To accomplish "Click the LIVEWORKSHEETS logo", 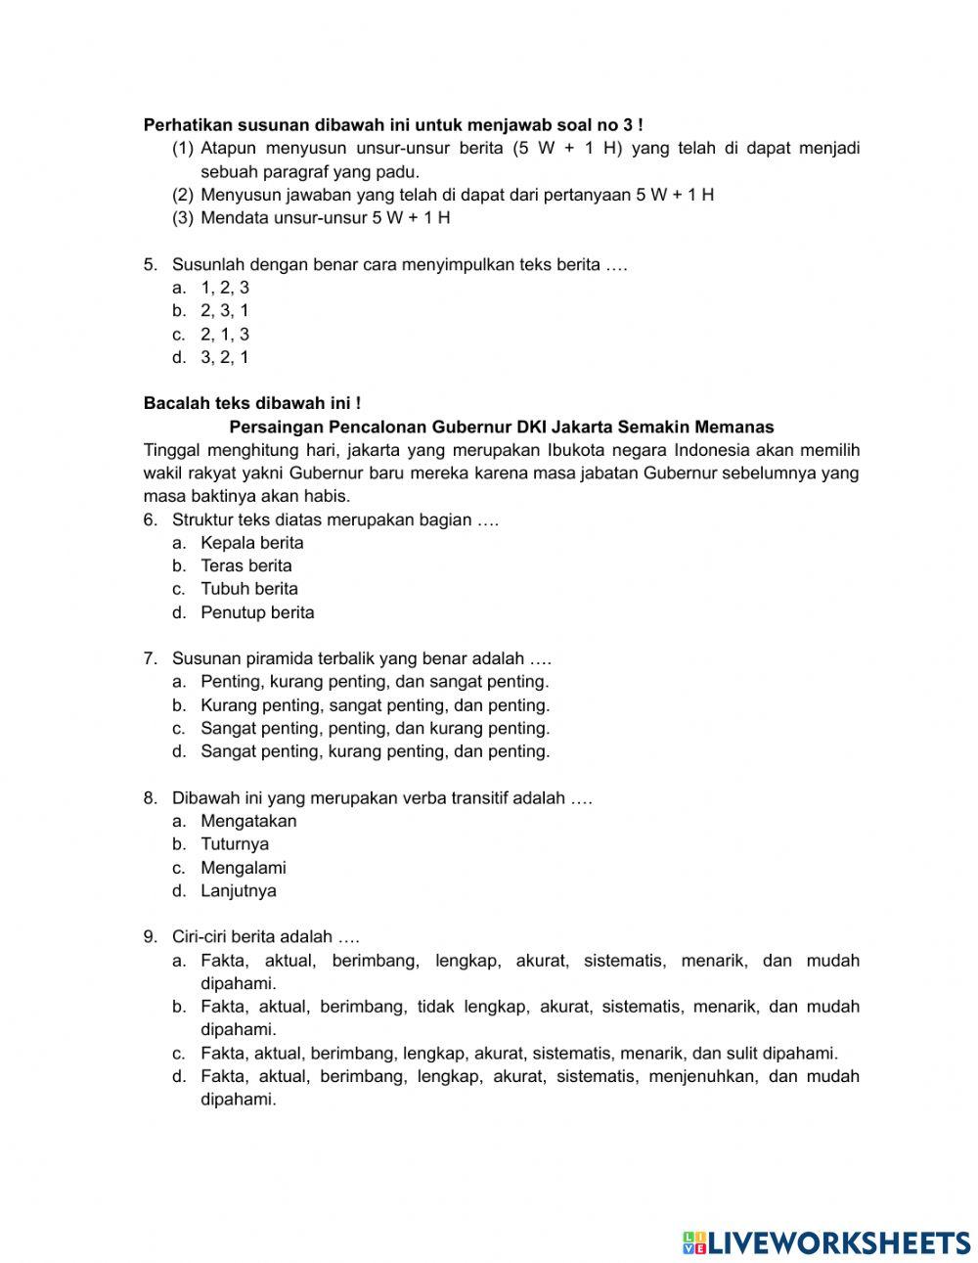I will (x=826, y=1241).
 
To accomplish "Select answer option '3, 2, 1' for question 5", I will (x=225, y=357).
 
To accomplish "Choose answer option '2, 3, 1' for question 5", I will (x=225, y=311).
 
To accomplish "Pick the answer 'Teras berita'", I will (x=246, y=565).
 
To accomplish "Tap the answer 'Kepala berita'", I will (x=252, y=543).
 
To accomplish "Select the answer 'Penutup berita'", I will (x=257, y=612).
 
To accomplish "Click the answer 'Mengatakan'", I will (x=248, y=821).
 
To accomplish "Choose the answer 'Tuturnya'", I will (x=235, y=844).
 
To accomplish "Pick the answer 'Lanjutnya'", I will (x=239, y=891).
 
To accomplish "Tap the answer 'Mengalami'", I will (x=244, y=868).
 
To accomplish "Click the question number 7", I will (x=150, y=658).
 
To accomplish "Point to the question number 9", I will (x=150, y=937).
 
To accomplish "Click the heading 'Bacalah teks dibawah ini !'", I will (x=252, y=403).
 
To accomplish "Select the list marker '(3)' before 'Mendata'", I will (x=183, y=218).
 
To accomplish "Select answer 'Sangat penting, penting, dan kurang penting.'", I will (x=376, y=729).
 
